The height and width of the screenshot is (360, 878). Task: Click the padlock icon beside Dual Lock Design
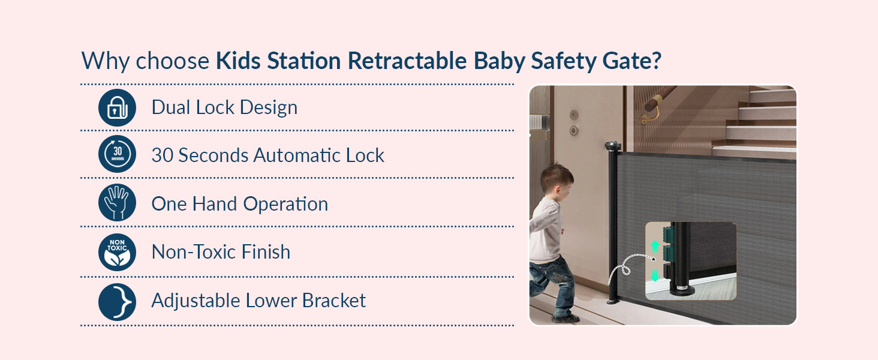click(x=117, y=107)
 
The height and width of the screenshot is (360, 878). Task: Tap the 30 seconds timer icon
click(x=117, y=155)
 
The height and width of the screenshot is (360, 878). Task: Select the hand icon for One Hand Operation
click(x=117, y=203)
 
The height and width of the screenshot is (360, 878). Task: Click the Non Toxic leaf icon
click(x=117, y=252)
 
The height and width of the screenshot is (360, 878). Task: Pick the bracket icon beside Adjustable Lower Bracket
click(x=117, y=301)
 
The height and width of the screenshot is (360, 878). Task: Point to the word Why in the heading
click(x=106, y=61)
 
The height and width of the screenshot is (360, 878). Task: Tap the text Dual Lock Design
click(x=224, y=107)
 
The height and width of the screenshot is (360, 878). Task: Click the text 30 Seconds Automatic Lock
click(x=267, y=155)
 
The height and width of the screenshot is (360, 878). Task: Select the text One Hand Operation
click(x=239, y=204)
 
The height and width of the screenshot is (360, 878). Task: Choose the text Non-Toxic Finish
click(x=221, y=252)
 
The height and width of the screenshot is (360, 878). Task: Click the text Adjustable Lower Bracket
click(x=258, y=300)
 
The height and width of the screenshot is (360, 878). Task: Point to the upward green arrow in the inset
click(x=655, y=246)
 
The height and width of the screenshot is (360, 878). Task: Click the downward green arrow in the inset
click(x=655, y=275)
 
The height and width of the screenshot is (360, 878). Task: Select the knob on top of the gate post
click(x=612, y=146)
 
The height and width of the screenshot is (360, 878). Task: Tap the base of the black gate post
click(x=612, y=299)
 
